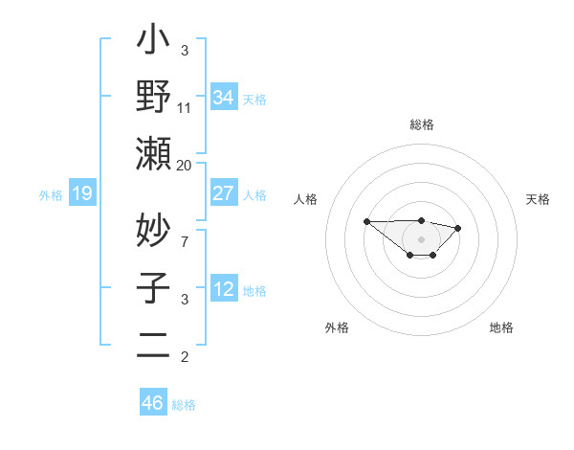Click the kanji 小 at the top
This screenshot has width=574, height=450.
(153, 42)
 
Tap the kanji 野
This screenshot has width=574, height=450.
(153, 97)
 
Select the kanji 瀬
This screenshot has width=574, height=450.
(153, 153)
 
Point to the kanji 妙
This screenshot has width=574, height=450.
(153, 231)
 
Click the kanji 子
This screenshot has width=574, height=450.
(153, 288)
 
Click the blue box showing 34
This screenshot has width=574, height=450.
(224, 97)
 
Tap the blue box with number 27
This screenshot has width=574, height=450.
(224, 192)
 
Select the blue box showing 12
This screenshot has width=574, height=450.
(224, 289)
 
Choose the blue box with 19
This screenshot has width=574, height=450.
(81, 194)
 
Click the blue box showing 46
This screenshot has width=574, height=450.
(153, 402)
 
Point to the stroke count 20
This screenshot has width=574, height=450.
(184, 165)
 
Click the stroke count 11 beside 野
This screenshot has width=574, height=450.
(184, 107)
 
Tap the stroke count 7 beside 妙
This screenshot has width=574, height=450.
(184, 241)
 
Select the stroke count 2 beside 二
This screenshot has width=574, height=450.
(184, 357)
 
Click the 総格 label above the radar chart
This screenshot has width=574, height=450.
(422, 124)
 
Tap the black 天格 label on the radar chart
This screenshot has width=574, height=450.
(539, 199)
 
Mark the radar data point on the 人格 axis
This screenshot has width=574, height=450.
(366, 221)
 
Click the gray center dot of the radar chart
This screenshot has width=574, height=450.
(422, 239)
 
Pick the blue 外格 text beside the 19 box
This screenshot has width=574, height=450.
(51, 195)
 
